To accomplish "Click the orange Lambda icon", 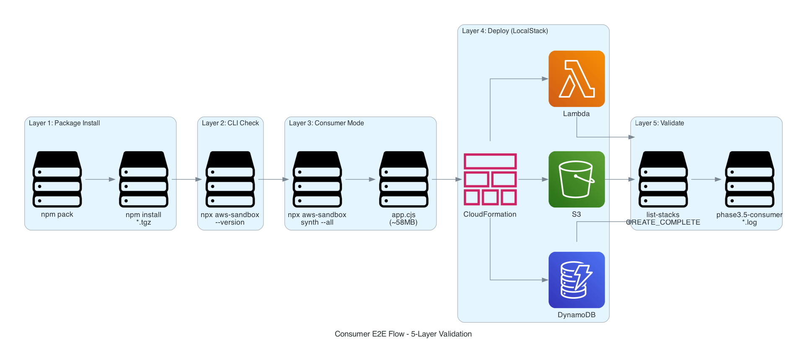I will [x=576, y=79].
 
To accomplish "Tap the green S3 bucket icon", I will [x=576, y=179].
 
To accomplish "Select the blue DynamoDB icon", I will [x=576, y=280].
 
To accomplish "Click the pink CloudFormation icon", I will [x=490, y=179].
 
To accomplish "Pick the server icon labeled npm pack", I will [x=57, y=179].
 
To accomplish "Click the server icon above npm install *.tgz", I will [x=143, y=179].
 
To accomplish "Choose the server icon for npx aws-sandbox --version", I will [x=230, y=179].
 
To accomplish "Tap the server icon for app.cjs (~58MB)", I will [x=403, y=179].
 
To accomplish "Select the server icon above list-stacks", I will [x=663, y=179].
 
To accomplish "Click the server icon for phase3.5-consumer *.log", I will [x=749, y=179].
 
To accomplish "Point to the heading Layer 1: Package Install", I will [x=64, y=123].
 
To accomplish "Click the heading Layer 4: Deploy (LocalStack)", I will [x=504, y=31].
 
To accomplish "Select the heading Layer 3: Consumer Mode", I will [x=326, y=123].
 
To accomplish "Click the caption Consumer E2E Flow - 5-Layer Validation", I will [x=403, y=334].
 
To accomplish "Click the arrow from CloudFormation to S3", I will [x=533, y=179].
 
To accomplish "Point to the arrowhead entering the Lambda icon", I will [x=545, y=79].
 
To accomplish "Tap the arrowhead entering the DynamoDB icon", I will [x=545, y=280].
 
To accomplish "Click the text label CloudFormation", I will [x=489, y=215].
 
